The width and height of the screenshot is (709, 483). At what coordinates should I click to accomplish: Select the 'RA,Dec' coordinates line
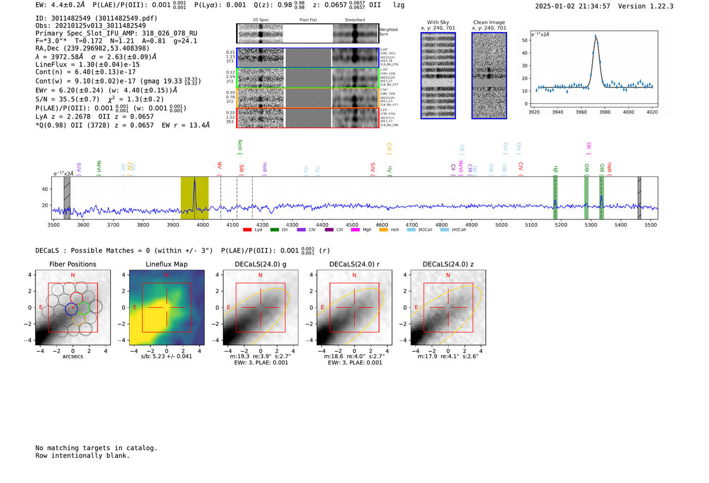92,49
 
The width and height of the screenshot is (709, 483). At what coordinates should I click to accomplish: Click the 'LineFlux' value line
87,64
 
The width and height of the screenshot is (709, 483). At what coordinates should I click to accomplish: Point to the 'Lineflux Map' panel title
166,264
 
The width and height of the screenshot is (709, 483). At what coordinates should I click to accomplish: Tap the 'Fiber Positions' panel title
72,264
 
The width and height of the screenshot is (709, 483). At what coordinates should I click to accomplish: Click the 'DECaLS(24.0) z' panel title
448,264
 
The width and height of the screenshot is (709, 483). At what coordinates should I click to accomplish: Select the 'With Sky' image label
438,22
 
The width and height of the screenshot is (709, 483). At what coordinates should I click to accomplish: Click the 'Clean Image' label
489,22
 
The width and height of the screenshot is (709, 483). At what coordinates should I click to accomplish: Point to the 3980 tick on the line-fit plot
605,112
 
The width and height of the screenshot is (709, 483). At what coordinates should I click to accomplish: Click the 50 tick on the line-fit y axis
525,40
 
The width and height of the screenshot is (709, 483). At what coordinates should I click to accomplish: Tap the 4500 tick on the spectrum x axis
352,225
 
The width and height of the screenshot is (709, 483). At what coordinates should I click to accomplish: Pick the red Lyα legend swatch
247,230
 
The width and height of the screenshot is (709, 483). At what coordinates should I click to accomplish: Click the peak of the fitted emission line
596,36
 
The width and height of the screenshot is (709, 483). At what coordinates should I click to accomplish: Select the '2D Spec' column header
261,20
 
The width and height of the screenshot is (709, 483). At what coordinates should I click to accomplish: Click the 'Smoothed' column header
354,20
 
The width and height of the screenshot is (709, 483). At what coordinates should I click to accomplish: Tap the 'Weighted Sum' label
388,32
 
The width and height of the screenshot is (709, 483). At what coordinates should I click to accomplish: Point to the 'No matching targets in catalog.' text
96,448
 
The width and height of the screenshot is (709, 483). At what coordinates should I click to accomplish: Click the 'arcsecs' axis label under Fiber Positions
72,356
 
